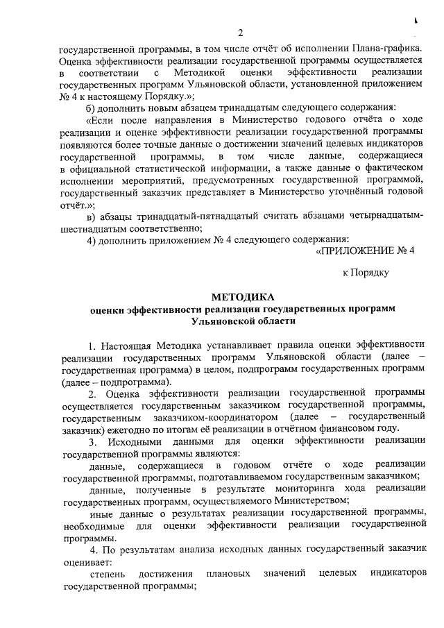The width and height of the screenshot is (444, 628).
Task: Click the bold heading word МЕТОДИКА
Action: [x=239, y=296]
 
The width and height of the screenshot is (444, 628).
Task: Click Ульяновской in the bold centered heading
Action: [x=223, y=321]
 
